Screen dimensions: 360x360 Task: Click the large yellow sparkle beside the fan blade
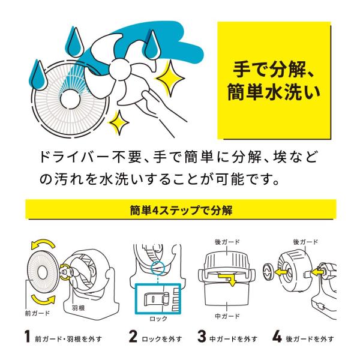tap(170, 78)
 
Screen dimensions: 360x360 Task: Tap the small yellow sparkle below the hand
tap(118, 122)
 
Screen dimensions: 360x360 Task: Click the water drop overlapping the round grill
tap(38, 76)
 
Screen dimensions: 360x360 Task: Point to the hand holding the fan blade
tap(161, 108)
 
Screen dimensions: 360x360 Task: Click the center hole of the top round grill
tap(70, 98)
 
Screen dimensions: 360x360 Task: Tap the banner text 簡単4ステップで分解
tap(181, 210)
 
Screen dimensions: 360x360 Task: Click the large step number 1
tap(28, 337)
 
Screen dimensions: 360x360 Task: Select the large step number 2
tap(133, 337)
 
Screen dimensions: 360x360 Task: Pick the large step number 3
tap(202, 337)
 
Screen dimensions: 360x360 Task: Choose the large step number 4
tap(277, 337)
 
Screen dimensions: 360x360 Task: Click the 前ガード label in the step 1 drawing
tap(37, 313)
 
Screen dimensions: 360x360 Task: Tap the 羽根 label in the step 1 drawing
tap(78, 308)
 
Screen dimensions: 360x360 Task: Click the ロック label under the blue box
tap(158, 319)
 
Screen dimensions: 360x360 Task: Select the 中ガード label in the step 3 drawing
tap(227, 316)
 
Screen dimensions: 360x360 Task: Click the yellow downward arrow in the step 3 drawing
tap(229, 278)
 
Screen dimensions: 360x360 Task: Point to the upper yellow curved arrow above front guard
tap(43, 244)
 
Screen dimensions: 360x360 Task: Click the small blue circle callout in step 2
tap(158, 268)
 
